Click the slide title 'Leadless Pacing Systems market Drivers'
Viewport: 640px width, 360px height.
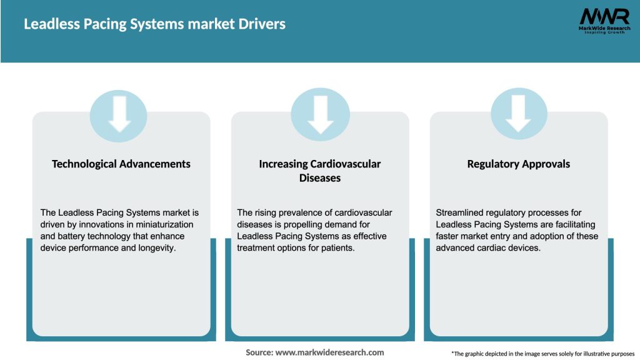tap(154, 24)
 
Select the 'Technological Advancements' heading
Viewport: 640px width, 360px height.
tap(121, 164)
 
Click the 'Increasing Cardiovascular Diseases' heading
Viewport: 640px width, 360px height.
tap(319, 171)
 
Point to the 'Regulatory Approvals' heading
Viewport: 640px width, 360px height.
tap(518, 164)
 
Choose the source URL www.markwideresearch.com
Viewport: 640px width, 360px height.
tap(329, 352)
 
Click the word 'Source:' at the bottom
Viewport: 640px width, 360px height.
tap(259, 352)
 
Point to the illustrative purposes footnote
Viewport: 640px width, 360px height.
tap(542, 354)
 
